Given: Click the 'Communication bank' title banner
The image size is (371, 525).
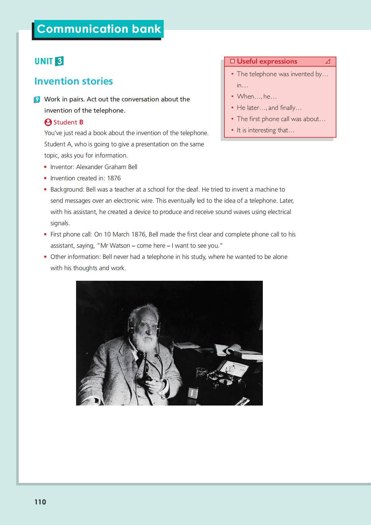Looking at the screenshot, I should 99,29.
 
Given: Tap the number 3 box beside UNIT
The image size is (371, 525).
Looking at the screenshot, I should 59,61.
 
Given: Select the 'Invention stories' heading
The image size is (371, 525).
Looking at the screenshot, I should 74,81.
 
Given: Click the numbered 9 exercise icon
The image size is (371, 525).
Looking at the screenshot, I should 37,100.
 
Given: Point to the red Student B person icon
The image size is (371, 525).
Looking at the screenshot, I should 48,122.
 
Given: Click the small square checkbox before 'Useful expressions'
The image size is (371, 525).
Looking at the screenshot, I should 232,61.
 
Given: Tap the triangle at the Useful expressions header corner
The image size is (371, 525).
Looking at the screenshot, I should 328,61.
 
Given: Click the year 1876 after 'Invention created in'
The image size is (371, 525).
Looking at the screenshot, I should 114,178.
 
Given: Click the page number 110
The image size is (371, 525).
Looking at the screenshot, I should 40,502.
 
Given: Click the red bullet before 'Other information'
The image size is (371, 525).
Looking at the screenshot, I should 46,257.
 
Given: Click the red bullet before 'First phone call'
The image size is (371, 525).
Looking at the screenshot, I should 46,235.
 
